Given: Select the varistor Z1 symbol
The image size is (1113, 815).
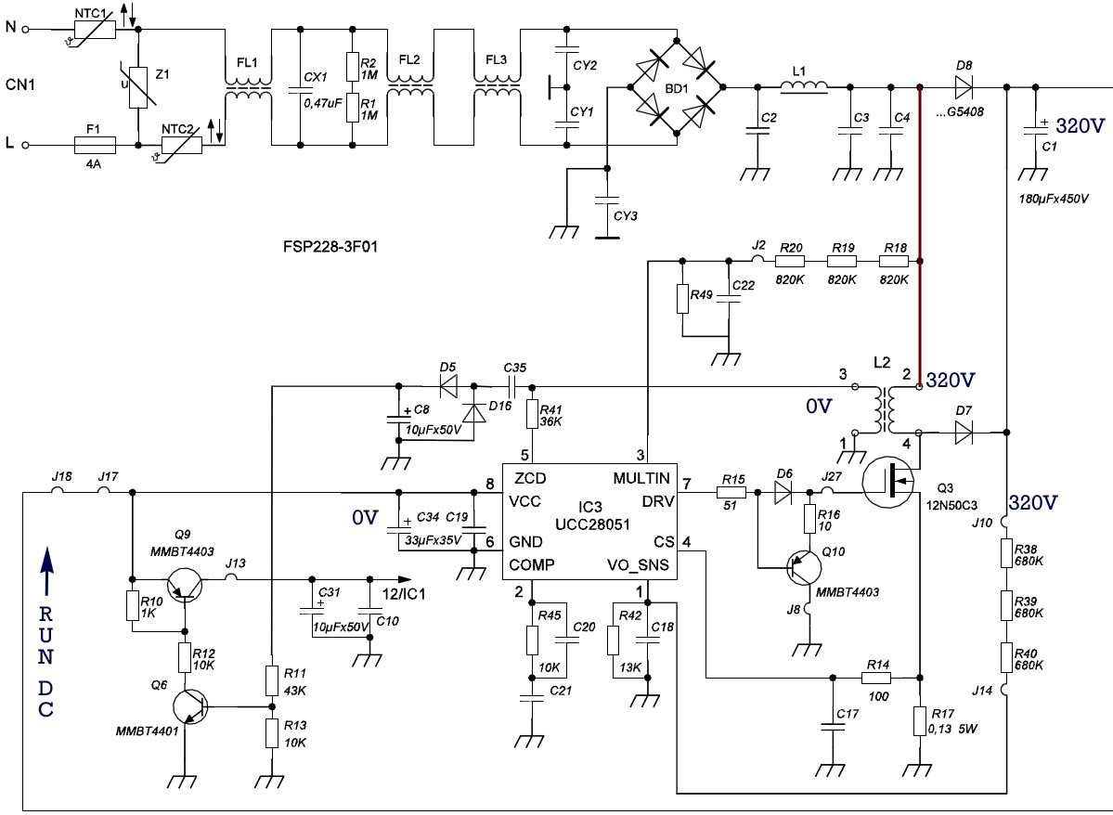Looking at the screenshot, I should (138, 88).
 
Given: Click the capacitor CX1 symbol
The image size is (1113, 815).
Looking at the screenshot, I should (301, 89).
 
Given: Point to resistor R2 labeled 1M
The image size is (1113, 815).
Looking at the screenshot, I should (353, 67).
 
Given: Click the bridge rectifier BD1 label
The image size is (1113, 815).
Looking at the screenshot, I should (677, 89).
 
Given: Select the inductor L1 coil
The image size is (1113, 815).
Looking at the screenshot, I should (804, 87).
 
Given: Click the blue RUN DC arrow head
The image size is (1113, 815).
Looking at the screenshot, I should (45, 560).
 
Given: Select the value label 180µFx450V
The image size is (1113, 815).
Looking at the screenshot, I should (1055, 199).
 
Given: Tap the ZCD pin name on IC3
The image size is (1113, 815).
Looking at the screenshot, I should (530, 479).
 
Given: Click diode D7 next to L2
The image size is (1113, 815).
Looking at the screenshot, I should (963, 432).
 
